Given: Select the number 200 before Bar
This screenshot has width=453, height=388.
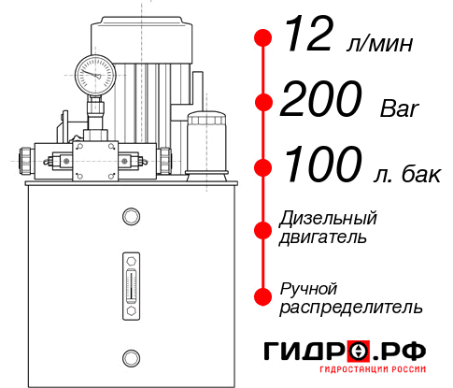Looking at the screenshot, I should (323, 101).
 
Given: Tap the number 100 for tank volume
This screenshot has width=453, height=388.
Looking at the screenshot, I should (323, 166).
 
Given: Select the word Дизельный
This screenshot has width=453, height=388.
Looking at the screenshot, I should (329, 218).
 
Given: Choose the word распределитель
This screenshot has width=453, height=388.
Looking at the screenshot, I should (351, 306).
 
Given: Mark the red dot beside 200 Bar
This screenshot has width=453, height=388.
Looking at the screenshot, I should (263, 102).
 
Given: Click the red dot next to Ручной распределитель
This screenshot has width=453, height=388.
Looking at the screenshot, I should (263, 296).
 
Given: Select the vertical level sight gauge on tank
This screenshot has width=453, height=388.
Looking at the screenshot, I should (131, 280).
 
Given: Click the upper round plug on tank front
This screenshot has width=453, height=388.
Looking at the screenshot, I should (131, 217).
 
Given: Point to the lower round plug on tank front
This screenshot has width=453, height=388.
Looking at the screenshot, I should (131, 356).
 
